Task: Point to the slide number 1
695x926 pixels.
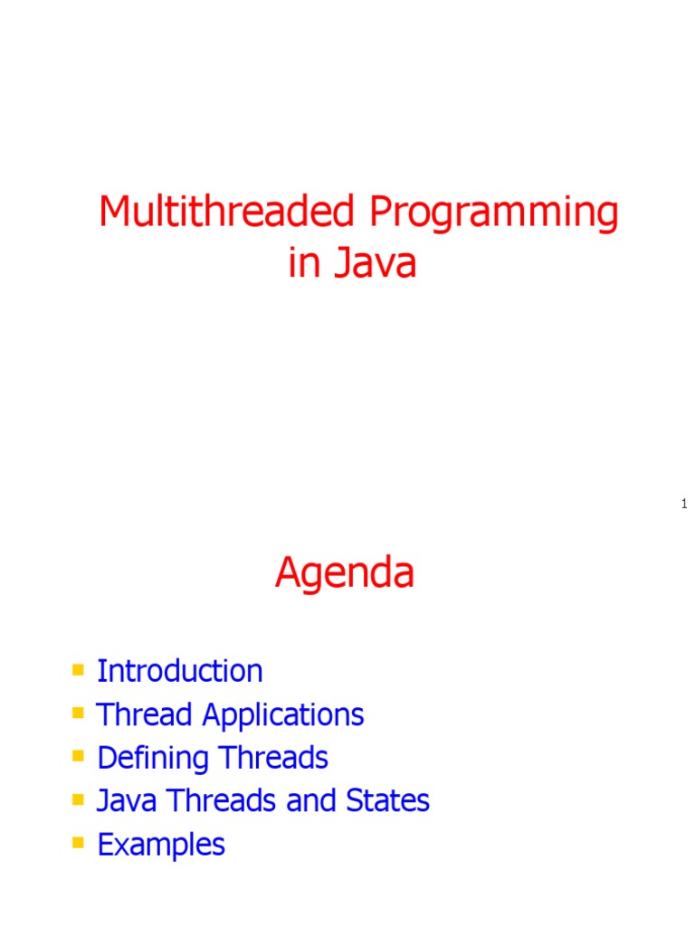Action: (x=684, y=504)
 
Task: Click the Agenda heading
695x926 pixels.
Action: (x=345, y=573)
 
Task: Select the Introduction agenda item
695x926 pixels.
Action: (x=179, y=671)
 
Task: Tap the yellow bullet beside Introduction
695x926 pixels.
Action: (x=78, y=670)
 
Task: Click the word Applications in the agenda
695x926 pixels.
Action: (x=282, y=715)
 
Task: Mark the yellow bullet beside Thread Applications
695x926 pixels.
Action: (x=78, y=713)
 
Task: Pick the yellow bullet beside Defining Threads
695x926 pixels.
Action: (x=78, y=757)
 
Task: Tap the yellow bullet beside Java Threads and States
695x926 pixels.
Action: (x=78, y=800)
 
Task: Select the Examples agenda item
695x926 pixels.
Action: (x=160, y=845)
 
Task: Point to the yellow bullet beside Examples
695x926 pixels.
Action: (x=78, y=844)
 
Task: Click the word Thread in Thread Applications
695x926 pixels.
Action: (x=146, y=714)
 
